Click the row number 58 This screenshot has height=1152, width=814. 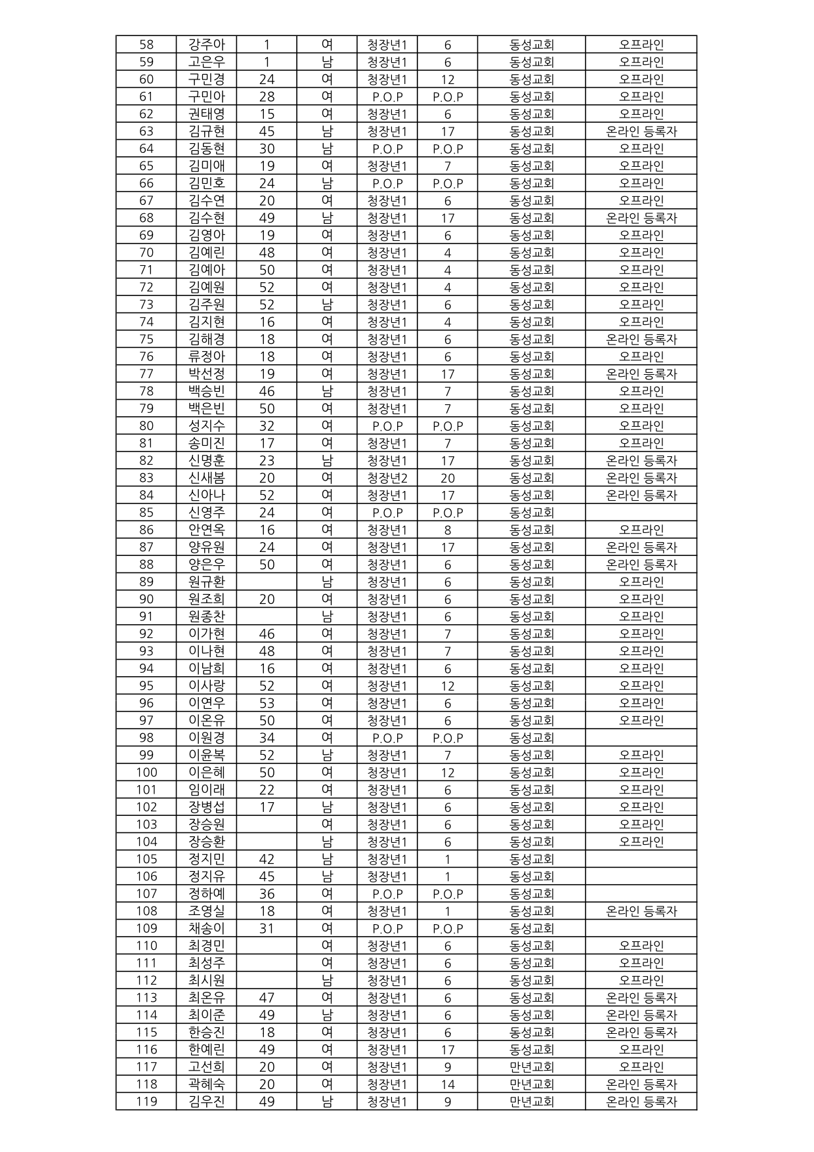point(146,45)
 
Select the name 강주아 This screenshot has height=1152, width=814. point(207,45)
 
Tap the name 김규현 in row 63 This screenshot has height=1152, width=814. point(207,131)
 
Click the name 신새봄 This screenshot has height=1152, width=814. point(207,478)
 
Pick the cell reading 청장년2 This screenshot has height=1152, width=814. point(387,478)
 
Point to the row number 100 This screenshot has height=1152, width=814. point(146,773)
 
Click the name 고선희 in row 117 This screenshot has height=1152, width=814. point(207,1067)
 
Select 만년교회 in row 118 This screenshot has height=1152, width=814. point(532,1084)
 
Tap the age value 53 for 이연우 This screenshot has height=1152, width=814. point(267,703)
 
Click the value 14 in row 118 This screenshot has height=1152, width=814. point(448,1084)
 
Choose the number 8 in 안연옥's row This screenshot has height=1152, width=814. point(448,530)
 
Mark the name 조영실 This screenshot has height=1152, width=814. point(207,911)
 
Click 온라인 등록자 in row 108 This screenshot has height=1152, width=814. point(641,911)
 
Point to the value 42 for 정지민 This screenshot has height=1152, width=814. point(267,859)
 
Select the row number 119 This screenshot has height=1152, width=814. point(146,1101)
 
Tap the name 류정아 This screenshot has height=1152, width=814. point(207,356)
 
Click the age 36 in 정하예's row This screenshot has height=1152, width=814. point(267,894)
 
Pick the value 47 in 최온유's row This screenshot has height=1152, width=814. point(267,998)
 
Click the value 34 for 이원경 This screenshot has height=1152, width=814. point(267,738)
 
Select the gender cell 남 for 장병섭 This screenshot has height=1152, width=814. point(327,807)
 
